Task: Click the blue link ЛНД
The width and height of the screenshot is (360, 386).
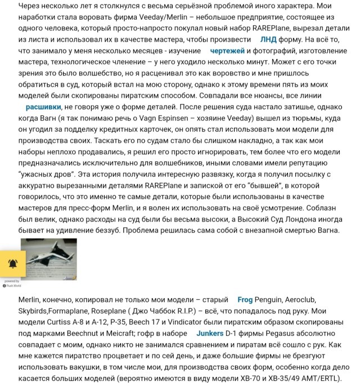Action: pyautogui.click(x=268, y=39)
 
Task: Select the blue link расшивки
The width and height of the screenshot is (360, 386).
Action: pyautogui.click(x=43, y=106)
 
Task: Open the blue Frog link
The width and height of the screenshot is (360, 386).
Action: pyautogui.click(x=245, y=299)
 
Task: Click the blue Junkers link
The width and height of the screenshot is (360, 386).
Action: pyautogui.click(x=210, y=333)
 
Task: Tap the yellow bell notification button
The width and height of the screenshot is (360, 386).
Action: pyautogui.click(x=12, y=264)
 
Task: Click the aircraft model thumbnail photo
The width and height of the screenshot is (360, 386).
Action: pyautogui.click(x=48, y=259)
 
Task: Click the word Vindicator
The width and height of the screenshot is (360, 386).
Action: pyautogui.click(x=178, y=322)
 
